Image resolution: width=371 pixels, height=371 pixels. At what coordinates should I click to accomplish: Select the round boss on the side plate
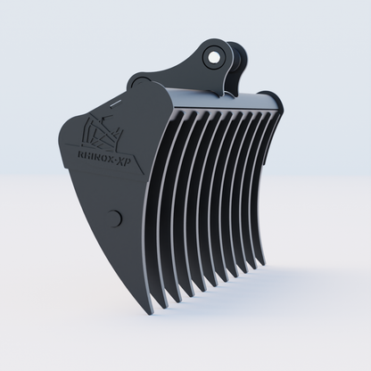click(113, 217)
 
